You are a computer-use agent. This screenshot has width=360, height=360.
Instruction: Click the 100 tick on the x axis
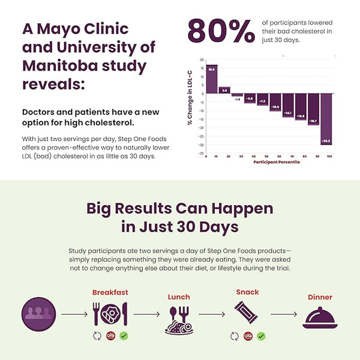[329, 156]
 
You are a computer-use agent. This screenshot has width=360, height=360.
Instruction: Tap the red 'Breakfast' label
[110, 293]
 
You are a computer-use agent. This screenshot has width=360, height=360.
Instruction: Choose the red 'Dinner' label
[320, 297]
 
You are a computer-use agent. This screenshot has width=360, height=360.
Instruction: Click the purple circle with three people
[39, 314]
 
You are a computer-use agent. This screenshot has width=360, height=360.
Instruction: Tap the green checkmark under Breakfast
[124, 336]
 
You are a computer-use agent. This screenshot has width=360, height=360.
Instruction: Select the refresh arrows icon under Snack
[235, 336]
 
